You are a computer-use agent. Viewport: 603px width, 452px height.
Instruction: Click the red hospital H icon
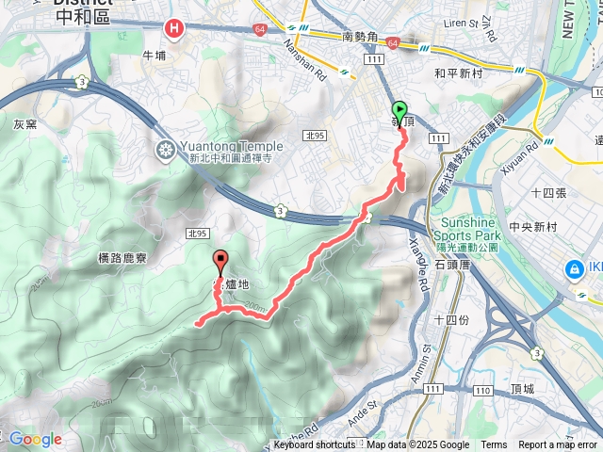point(173,29)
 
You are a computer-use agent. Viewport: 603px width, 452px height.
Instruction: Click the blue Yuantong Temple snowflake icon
point(165,151)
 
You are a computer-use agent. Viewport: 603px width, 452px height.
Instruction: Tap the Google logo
point(36,439)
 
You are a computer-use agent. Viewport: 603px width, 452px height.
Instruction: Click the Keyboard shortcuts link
point(314,445)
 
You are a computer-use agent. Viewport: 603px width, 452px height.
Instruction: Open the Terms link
point(494,445)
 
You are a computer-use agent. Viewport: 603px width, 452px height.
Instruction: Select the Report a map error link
point(558,445)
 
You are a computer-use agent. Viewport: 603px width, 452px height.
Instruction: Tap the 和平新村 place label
point(458,72)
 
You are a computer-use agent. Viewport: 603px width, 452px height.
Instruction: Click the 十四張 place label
point(547,192)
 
